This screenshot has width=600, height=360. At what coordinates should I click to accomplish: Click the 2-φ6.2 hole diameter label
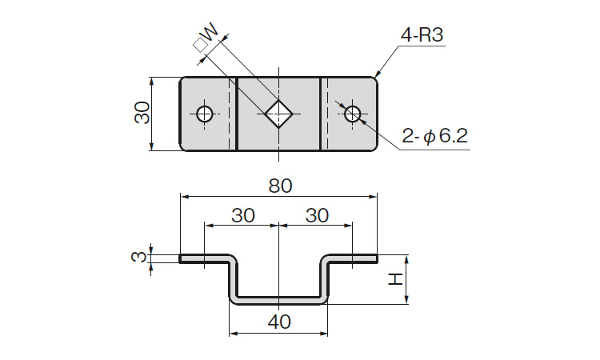pyautogui.click(x=434, y=137)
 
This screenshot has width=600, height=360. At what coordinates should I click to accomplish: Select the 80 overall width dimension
pyautogui.click(x=279, y=186)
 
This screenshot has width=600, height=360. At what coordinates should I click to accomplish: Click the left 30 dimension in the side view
pyautogui.click(x=242, y=216)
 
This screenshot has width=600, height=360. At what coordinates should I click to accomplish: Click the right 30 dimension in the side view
pyautogui.click(x=317, y=216)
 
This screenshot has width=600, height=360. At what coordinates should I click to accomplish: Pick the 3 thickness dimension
pyautogui.click(x=138, y=258)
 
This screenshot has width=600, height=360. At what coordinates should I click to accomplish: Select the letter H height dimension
pyautogui.click(x=394, y=279)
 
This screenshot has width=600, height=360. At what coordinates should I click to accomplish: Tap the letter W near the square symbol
pyautogui.click(x=210, y=34)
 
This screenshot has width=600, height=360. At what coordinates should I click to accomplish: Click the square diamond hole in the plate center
pyautogui.click(x=278, y=114)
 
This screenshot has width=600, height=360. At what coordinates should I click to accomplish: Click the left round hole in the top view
pyautogui.click(x=205, y=114)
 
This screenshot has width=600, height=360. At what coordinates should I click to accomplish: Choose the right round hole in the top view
pyautogui.click(x=352, y=114)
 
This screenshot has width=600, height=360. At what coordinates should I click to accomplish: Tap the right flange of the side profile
pyautogui.click(x=352, y=258)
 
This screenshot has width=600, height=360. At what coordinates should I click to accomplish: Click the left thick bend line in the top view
pyautogui.click(x=238, y=114)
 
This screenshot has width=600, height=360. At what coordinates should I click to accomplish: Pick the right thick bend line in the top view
pyautogui.click(x=322, y=114)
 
